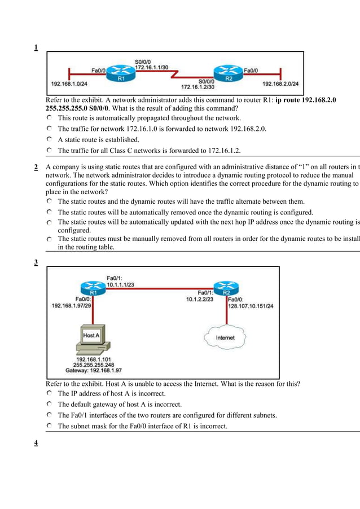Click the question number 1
point(36,47)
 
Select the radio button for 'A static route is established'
point(50,139)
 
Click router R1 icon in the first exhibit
point(120,71)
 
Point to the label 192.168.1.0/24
point(69,84)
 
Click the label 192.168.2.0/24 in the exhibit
point(280,84)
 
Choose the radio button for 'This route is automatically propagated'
point(50,118)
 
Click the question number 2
point(36,167)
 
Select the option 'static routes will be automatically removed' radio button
point(50,212)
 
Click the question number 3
point(36,262)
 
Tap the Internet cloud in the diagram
point(225,337)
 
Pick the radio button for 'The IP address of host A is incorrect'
point(50,393)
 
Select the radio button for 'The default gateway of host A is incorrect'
point(50,404)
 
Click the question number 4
point(36,442)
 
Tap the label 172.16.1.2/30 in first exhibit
point(197,87)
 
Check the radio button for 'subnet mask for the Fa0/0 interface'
point(50,426)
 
